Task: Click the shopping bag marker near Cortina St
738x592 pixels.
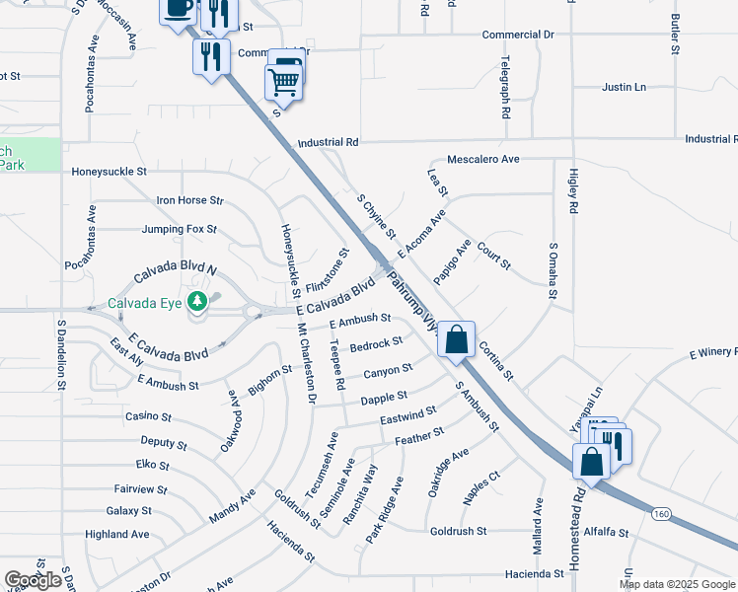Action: tap(456, 339)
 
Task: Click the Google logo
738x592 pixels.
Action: tap(34, 580)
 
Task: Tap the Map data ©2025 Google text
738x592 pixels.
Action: tap(676, 583)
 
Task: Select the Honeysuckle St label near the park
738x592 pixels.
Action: tap(109, 171)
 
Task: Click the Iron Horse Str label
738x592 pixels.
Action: tap(190, 200)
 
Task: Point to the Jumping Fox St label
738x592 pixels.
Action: tap(179, 230)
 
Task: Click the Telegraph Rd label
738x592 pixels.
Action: tap(504, 87)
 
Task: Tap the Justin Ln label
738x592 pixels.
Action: tap(624, 87)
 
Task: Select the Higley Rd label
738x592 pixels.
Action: tap(572, 191)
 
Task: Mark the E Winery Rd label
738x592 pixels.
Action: tap(712, 351)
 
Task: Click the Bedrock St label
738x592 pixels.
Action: tap(376, 343)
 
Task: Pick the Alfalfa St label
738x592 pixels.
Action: tap(606, 532)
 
